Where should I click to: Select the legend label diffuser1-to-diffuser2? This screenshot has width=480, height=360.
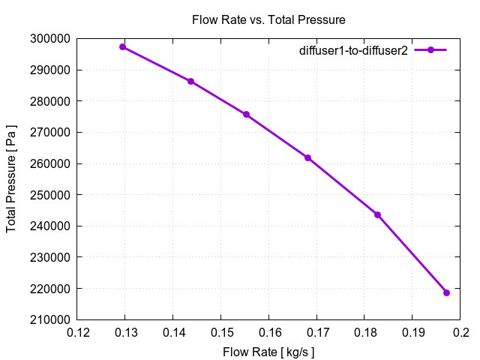point(352,50)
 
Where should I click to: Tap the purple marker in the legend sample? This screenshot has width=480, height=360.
point(430,50)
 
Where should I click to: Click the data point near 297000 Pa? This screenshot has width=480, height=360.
point(123,46)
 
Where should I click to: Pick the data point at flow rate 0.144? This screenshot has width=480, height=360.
point(190,81)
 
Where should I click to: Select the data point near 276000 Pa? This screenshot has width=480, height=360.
point(246,115)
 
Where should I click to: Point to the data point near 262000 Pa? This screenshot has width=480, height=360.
point(307,157)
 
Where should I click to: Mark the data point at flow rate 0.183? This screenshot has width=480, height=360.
point(377,214)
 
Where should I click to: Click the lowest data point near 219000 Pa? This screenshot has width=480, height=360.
point(446,292)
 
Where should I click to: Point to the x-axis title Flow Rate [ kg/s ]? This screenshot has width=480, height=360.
point(268,351)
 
